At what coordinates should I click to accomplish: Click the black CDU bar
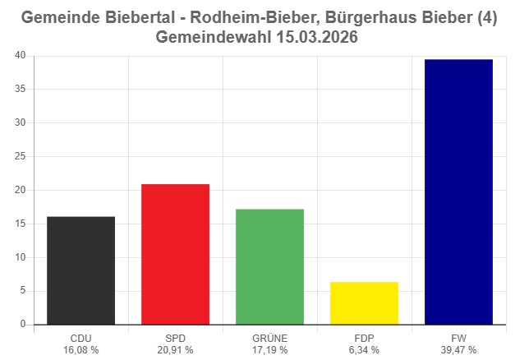coord(80,270)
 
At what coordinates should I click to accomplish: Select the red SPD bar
coord(175,254)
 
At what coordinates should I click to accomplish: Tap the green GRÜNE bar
coord(269,266)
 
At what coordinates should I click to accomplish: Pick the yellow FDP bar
coord(364,303)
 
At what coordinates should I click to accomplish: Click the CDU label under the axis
coord(80,338)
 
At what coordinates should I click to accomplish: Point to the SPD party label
coord(175,338)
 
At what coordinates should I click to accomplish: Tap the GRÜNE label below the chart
coord(269,338)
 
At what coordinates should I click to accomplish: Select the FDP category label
coord(364,338)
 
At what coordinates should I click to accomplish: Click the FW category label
coord(458,338)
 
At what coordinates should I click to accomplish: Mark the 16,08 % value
coord(80,350)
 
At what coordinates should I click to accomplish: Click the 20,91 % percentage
coord(175,350)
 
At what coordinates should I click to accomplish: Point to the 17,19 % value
coord(269,350)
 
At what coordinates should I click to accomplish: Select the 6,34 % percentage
coord(364,350)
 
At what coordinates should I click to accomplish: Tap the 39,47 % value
coord(458,350)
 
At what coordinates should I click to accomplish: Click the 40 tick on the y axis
coord(20,56)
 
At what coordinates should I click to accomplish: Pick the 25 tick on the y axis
coord(20,157)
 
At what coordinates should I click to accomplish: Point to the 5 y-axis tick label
coord(23,291)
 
